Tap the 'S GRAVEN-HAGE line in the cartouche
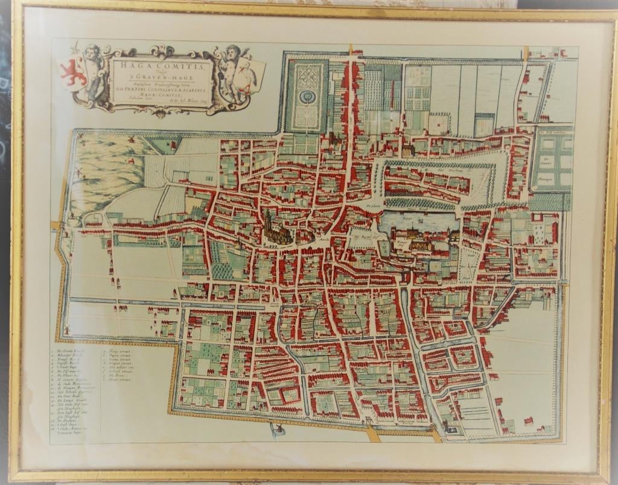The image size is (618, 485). (x=160, y=76)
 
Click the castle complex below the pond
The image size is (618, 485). (x=416, y=242)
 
